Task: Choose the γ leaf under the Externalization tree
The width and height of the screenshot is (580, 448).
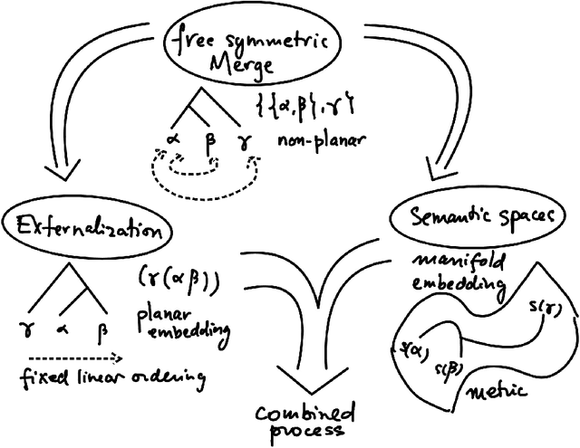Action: (24, 326)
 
